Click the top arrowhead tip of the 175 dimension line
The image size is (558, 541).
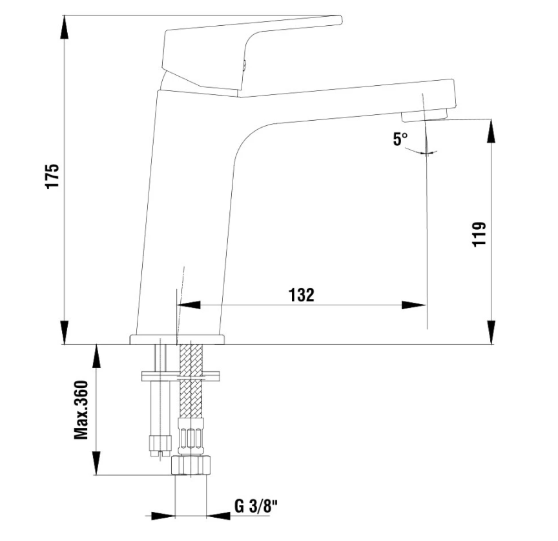[65, 15]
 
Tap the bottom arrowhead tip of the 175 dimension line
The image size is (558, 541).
[65, 344]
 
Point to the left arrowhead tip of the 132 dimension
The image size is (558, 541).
[177, 305]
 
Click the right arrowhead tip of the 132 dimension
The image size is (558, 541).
[426, 305]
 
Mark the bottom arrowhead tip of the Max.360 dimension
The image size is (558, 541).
[96, 475]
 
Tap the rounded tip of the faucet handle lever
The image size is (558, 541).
[340, 19]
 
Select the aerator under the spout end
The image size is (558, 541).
[424, 116]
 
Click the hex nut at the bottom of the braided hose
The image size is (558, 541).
[191, 465]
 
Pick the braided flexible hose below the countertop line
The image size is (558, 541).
[191, 382]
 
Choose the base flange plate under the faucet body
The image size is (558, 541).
[177, 340]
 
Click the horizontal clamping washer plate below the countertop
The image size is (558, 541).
[180, 376]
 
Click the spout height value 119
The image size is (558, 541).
[479, 234]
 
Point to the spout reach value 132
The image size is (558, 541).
[301, 295]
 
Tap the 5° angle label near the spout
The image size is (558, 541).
[400, 139]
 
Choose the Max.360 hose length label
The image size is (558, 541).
[81, 410]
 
